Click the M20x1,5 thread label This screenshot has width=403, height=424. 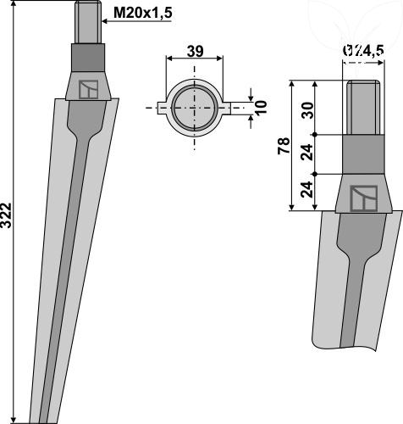[142, 13]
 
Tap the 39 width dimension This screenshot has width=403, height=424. [195, 51]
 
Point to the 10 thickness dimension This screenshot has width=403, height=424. [262, 107]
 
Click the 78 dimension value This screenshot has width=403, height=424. [284, 146]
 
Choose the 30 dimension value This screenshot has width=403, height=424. [307, 110]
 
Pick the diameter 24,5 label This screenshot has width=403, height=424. [363, 51]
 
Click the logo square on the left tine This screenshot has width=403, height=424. [88, 89]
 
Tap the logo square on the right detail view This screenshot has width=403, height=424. [364, 198]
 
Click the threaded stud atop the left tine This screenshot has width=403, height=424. [88, 22]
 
